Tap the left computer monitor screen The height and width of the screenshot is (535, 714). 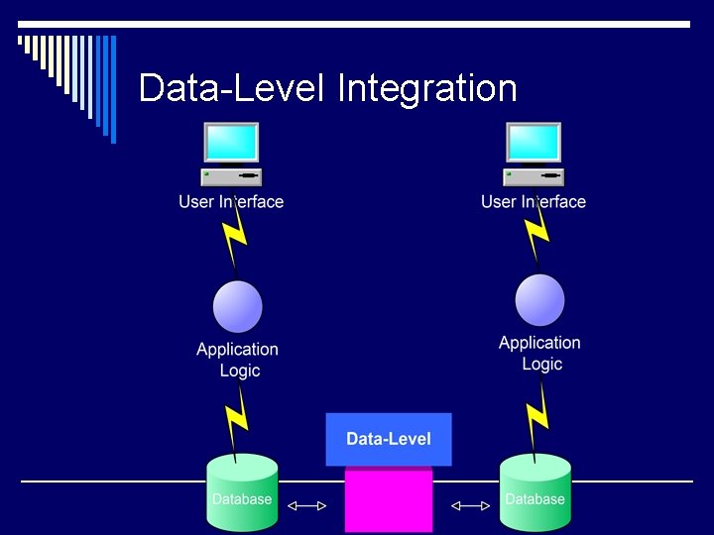[231, 143]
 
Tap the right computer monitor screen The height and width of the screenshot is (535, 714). [534, 143]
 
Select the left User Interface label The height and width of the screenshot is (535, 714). [231, 202]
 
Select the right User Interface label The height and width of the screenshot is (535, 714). [534, 202]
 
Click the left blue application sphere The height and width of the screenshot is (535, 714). [238, 307]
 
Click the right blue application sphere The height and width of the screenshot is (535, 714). [540, 300]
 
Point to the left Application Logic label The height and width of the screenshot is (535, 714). [238, 360]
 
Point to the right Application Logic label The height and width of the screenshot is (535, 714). [540, 354]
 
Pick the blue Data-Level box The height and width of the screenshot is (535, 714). [389, 439]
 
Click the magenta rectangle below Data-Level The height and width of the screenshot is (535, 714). [389, 500]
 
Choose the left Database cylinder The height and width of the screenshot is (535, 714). [242, 493]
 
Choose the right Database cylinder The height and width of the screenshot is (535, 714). [535, 493]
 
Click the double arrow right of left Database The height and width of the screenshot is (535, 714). [306, 506]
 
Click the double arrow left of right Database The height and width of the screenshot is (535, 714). [470, 506]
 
